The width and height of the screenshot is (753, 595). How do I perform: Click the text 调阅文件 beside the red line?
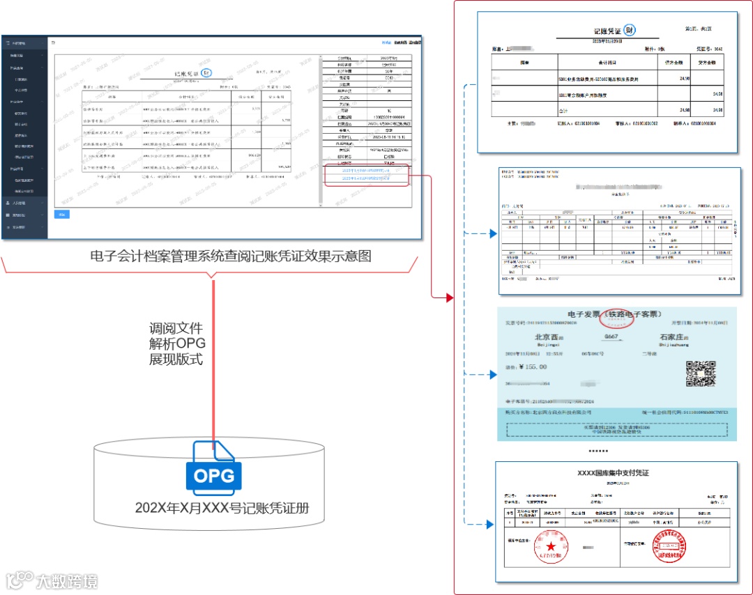tap(176, 328)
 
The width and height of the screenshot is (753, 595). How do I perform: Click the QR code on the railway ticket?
tap(701, 374)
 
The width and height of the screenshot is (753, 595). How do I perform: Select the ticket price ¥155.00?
tap(526, 367)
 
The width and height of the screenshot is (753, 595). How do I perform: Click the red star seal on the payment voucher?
tap(552, 546)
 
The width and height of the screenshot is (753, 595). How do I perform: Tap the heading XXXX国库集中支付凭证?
tap(613, 473)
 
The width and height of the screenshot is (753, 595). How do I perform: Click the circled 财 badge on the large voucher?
tap(630, 31)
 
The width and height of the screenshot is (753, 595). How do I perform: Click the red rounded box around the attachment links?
tap(367, 175)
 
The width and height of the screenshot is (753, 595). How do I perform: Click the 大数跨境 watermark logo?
tap(52, 580)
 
